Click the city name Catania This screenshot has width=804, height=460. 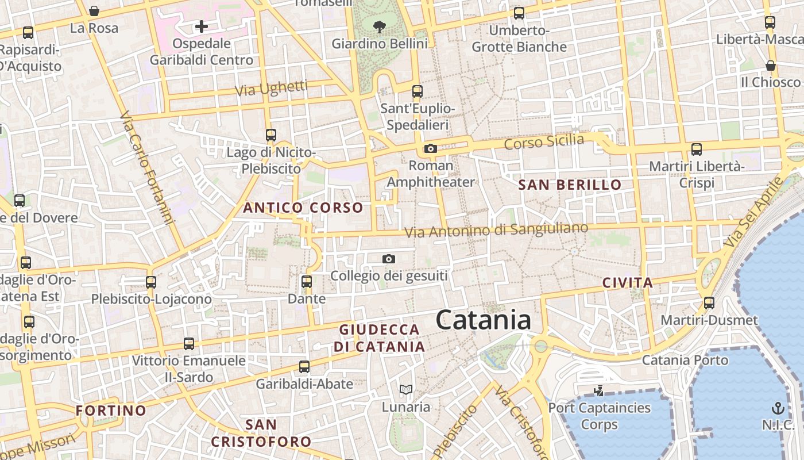point(483,320)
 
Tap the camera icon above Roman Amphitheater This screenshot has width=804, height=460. point(430,149)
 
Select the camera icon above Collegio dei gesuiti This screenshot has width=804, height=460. point(389,259)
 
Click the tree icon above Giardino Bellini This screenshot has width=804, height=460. point(379,26)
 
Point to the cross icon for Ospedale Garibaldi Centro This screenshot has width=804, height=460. point(201,26)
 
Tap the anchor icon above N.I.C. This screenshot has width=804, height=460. point(778,408)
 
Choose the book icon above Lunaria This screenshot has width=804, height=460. point(406,390)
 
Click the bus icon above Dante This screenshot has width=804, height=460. point(307,282)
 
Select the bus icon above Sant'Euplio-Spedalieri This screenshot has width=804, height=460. point(418,91)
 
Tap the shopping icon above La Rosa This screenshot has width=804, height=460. point(94,11)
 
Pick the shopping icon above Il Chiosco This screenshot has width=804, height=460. point(770,66)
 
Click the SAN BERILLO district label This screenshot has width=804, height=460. point(570,185)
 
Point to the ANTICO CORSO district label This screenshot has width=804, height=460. point(303,208)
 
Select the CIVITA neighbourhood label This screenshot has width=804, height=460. point(628,283)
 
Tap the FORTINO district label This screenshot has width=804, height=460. point(111,411)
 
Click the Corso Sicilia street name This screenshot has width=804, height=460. point(544,141)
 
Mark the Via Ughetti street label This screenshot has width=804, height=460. point(272,89)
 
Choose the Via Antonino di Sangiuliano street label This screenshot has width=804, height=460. point(497,230)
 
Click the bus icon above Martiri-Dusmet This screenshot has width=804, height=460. point(709,303)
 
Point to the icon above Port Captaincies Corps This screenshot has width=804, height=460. point(599,391)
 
